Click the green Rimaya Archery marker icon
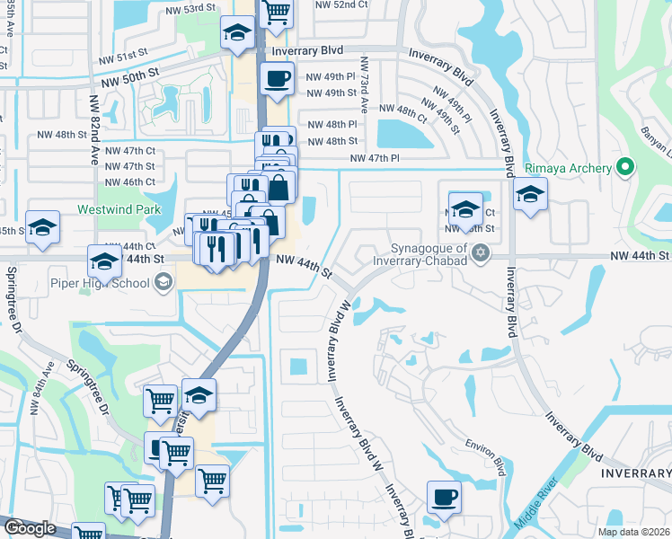pos(627,168)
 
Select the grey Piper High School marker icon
pos(163,284)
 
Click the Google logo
pos(30,528)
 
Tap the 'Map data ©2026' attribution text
pos(633,532)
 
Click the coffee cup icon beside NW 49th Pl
pos(277,77)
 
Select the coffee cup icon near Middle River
pos(443,497)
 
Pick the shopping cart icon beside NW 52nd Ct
pos(277,13)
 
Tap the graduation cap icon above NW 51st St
pos(237,34)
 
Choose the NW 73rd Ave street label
pos(365,80)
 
